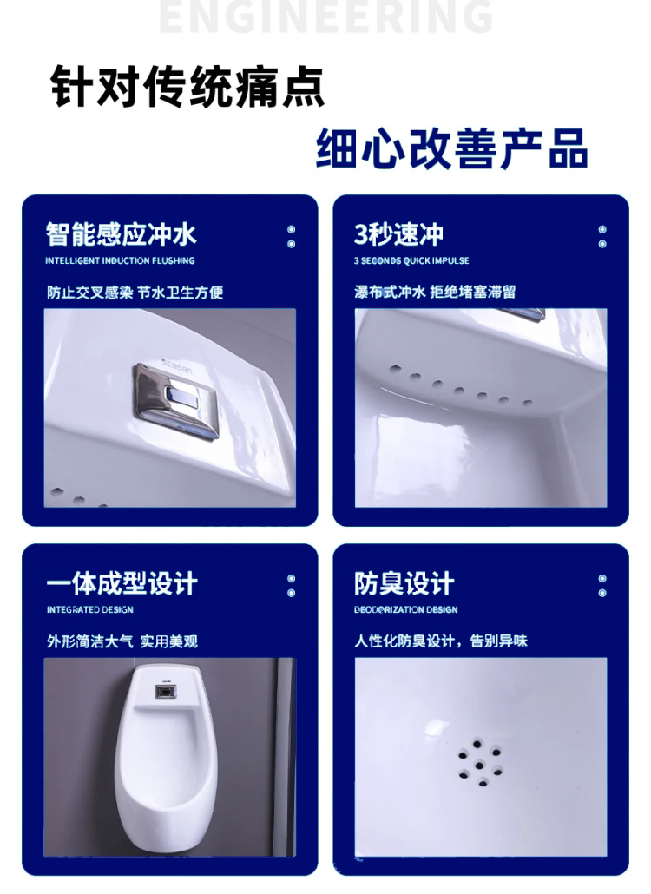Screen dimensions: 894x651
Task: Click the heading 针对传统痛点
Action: point(187,87)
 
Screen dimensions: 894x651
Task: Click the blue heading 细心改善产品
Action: point(451,148)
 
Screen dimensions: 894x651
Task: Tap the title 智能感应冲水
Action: point(122,234)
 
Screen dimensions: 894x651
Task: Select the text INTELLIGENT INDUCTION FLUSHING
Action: point(120,260)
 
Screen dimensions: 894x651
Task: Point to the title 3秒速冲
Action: point(398,234)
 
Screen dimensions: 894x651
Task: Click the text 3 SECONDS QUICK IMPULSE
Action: point(411,260)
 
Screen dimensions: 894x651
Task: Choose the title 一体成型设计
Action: point(122,583)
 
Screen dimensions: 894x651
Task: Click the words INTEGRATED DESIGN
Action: point(89,610)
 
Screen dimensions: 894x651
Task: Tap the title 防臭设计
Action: point(404,583)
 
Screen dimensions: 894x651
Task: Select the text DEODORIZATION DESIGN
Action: point(405,610)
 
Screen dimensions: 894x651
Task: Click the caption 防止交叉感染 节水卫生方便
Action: point(135,293)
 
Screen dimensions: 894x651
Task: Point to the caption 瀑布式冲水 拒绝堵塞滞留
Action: point(435,293)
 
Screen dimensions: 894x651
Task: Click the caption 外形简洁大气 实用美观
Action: point(122,641)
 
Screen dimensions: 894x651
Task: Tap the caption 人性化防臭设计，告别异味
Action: point(441,641)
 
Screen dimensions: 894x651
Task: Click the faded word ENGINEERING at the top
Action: point(325,17)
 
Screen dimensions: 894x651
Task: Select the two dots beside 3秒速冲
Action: point(602,237)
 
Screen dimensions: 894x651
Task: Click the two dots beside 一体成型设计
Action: point(291,586)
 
